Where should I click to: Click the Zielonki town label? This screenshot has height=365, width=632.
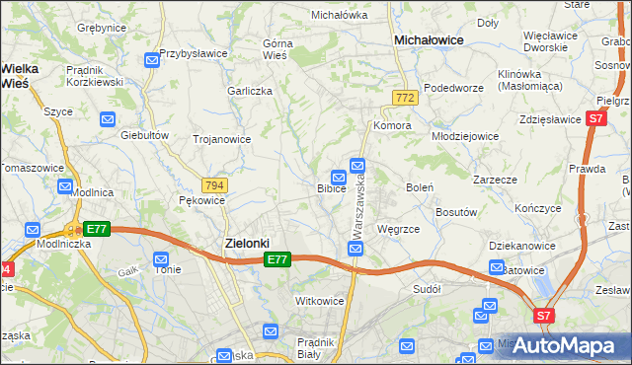[241, 243]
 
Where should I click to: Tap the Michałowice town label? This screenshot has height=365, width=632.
[430, 39]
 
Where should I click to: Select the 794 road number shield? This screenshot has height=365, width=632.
[213, 184]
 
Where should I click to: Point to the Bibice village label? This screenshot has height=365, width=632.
[331, 187]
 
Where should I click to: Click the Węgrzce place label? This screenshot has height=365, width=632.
[398, 229]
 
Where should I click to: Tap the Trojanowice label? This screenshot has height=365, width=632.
[221, 139]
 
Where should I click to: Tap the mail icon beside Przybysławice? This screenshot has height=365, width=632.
[151, 60]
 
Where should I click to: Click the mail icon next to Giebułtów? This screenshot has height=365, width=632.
[108, 119]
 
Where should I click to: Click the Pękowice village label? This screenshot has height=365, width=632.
[202, 199]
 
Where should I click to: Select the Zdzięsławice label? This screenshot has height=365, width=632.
[549, 118]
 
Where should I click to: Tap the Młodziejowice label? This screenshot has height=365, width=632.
[465, 135]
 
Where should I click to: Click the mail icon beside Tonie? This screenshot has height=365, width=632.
[161, 258]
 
